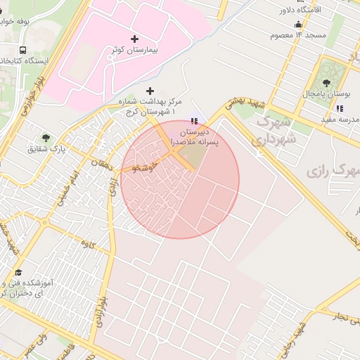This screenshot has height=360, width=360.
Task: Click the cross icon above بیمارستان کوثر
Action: (x=135, y=38)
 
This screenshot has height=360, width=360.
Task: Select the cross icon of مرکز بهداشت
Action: (x=149, y=91)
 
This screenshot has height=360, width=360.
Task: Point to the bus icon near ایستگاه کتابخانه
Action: (x=23, y=51)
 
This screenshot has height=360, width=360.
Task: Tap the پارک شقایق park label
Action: (x=46, y=149)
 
